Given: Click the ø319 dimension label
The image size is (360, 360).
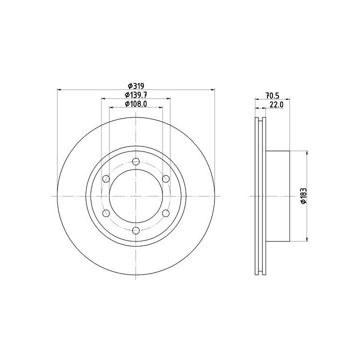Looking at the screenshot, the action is pyautogui.click(x=136, y=86).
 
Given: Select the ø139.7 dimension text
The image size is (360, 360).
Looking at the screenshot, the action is pyautogui.click(x=136, y=94).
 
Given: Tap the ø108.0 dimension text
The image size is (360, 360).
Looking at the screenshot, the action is pyautogui.click(x=136, y=104).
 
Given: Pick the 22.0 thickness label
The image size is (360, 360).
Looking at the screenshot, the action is pyautogui.click(x=276, y=104).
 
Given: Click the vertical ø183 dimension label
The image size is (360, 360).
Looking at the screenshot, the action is pyautogui.click(x=303, y=196).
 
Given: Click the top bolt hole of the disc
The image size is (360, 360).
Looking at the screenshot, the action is pyautogui.click(x=136, y=161).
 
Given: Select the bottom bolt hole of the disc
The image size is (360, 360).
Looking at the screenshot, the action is pyautogui.click(x=136, y=230).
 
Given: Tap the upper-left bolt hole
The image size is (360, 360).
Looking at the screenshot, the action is pyautogui.click(x=106, y=178).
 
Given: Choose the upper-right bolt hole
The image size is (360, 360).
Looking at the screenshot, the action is pyautogui.click(x=166, y=178).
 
